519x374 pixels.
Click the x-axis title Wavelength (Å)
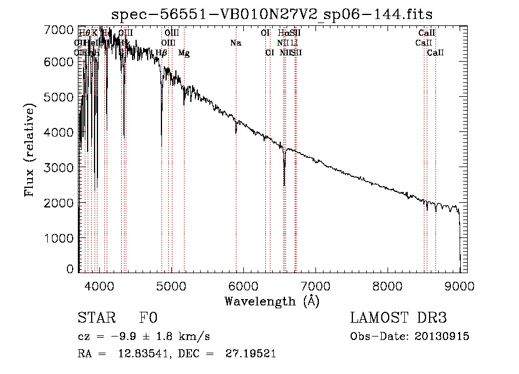(x=272, y=301)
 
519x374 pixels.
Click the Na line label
(x=235, y=43)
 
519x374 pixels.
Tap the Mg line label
(x=184, y=53)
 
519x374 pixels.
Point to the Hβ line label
(x=161, y=53)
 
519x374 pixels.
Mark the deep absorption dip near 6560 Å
(x=284, y=183)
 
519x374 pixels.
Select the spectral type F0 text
(x=148, y=318)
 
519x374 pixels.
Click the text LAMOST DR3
(x=398, y=318)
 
